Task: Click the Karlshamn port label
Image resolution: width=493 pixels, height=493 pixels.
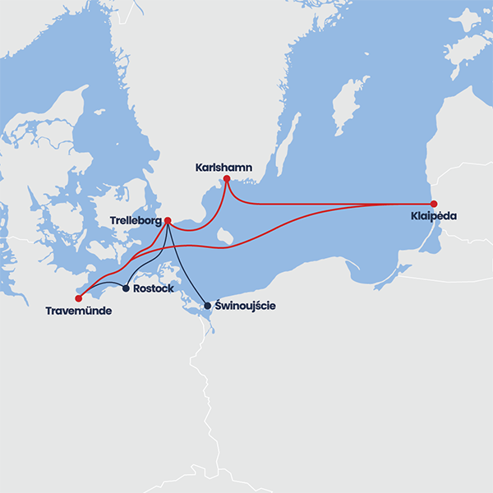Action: tap(223, 168)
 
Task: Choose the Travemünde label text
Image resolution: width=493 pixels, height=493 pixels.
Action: tap(78, 311)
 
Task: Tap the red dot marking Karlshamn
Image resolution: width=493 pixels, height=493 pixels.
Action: tap(227, 178)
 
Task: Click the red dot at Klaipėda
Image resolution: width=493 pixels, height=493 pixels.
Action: tap(434, 204)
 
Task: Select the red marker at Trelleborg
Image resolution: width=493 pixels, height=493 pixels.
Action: tap(168, 220)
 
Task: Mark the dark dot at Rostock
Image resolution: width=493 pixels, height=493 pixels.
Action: tap(126, 288)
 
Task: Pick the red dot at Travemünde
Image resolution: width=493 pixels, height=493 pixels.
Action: tap(79, 298)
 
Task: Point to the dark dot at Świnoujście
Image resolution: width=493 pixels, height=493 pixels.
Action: tap(207, 306)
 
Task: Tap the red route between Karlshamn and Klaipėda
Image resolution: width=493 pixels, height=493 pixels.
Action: tap(329, 203)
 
